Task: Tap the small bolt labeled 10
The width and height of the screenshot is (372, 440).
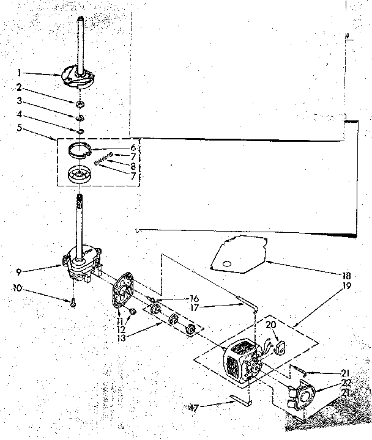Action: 72,301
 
